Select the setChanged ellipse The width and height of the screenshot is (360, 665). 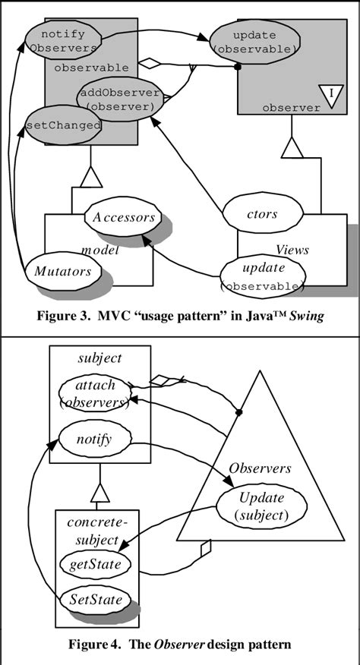64,124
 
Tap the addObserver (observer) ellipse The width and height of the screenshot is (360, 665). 119,100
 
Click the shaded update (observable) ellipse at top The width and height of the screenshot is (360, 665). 252,43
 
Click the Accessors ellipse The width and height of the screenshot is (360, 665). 124,217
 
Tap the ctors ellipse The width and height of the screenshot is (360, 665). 261,215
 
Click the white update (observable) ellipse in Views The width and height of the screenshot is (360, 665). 262,277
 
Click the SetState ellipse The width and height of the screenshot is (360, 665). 91,599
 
